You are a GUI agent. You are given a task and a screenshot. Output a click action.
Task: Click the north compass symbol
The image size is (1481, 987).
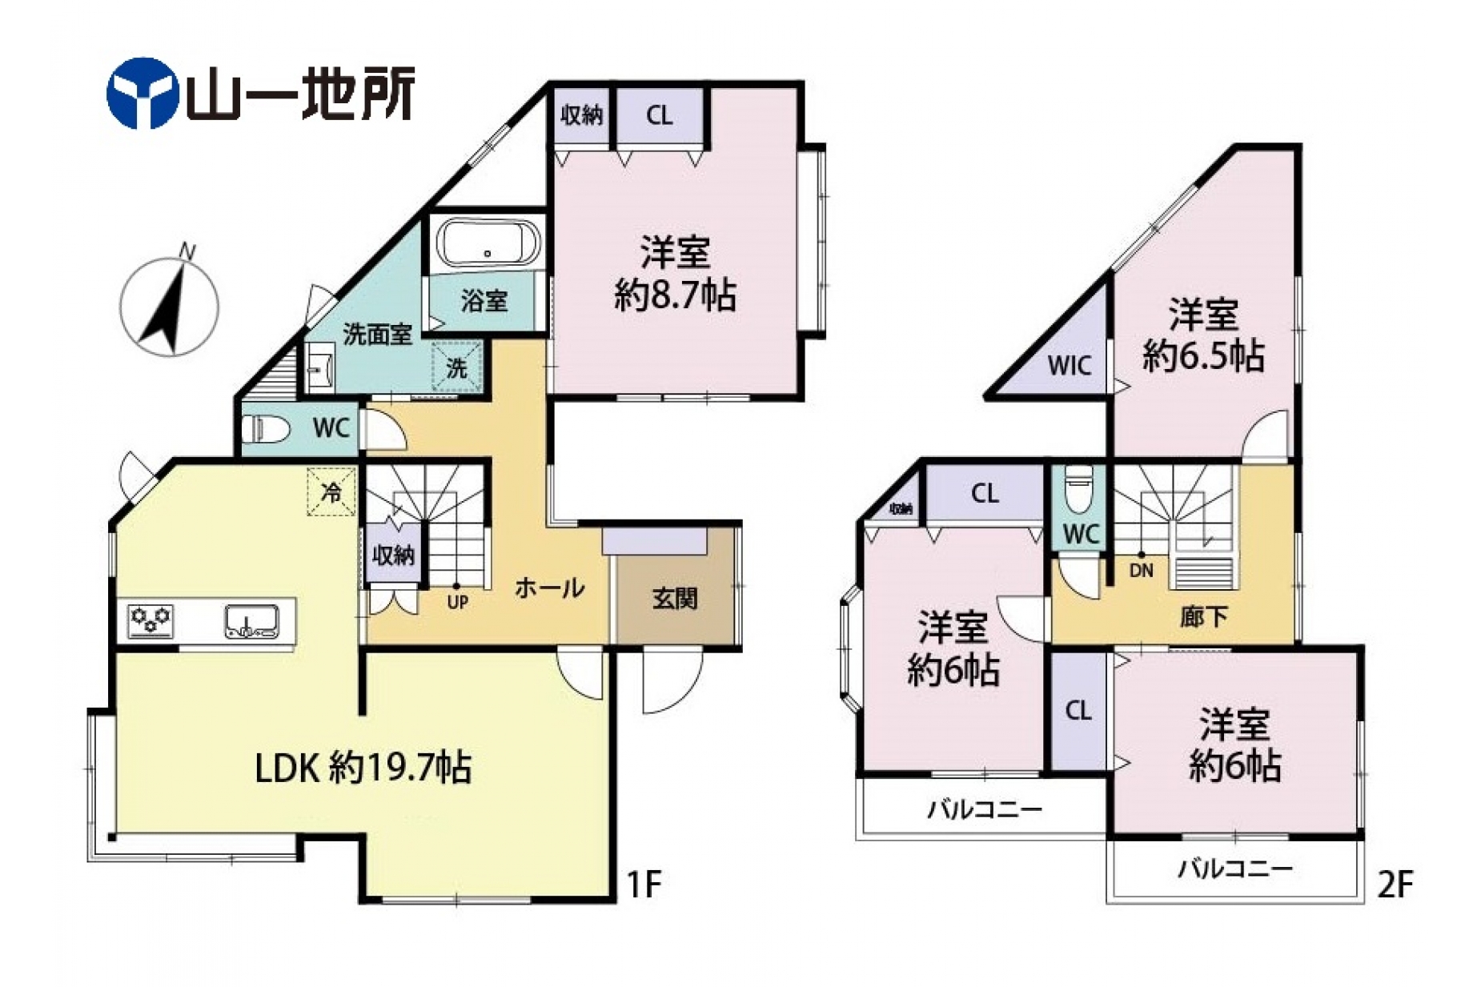[169, 305]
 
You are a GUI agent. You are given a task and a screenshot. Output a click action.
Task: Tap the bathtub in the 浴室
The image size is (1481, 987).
[488, 243]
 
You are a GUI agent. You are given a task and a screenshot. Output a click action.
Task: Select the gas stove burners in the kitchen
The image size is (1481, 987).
[151, 619]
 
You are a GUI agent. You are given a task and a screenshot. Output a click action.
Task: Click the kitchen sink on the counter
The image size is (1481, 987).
[251, 621]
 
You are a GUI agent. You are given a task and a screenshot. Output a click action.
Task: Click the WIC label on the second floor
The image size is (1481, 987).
[1069, 366]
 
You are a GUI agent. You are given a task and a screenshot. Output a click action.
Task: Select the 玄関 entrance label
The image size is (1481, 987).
[674, 597]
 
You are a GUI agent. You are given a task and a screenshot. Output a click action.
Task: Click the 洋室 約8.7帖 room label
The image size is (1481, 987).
[675, 274]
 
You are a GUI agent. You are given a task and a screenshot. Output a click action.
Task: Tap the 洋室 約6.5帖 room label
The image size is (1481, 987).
[1203, 335]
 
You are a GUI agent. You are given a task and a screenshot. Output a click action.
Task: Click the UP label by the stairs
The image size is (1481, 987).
[457, 602]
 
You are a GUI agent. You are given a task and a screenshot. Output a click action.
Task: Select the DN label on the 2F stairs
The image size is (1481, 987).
[1141, 571]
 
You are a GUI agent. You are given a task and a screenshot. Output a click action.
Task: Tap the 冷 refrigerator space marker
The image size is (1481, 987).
[331, 491]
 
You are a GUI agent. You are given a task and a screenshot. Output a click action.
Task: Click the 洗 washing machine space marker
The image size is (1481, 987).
[457, 367]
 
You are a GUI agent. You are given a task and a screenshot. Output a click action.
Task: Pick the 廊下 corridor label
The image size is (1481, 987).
[1203, 616]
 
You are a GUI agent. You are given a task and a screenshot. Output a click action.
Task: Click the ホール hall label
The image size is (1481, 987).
[549, 588]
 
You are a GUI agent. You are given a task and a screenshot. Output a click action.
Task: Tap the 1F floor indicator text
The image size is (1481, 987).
[643, 885]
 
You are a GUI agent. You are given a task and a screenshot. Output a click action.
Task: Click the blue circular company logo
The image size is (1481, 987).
[142, 93]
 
